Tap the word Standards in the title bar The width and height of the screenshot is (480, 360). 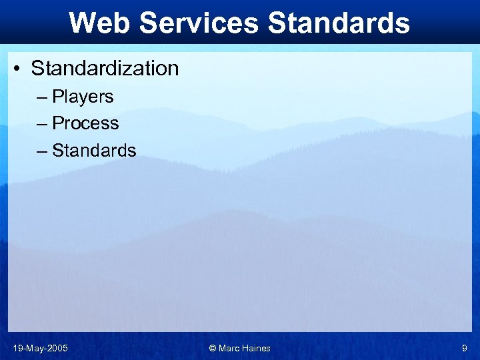(x=339, y=23)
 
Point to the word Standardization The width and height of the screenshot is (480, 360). (x=105, y=68)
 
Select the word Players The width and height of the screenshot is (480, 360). (x=83, y=97)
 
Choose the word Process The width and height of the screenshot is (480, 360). (x=85, y=123)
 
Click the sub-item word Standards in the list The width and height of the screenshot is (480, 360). (x=94, y=151)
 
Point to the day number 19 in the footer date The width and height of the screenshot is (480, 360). (x=17, y=348)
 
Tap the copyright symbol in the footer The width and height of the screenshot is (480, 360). (x=213, y=348)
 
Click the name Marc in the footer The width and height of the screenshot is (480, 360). (x=230, y=348)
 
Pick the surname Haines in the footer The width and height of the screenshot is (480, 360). (x=257, y=348)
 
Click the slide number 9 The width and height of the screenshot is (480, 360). (x=465, y=348)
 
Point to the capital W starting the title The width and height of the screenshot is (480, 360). (x=81, y=23)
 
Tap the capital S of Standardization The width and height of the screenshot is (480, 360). (x=37, y=68)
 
